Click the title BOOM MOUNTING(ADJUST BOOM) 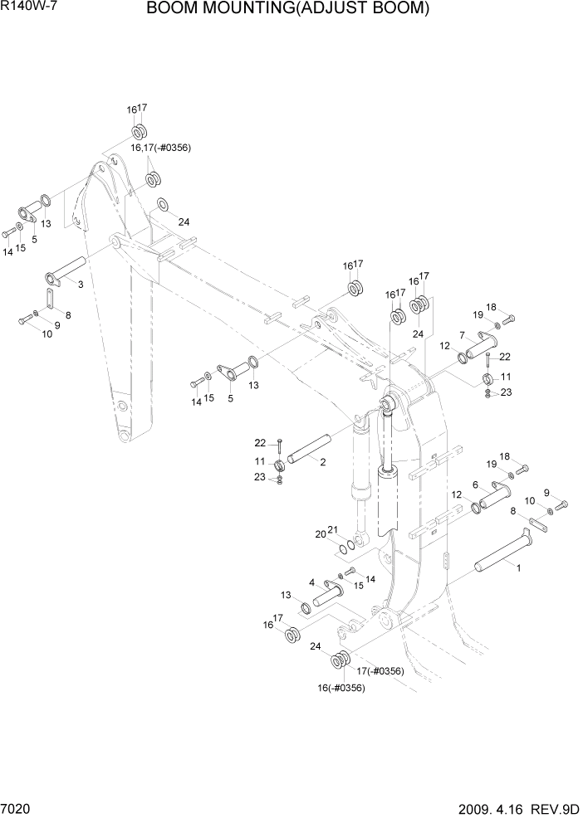pos(288,9)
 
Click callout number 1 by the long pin pos(519,569)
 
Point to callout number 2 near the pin pos(322,462)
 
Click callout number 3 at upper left pos(81,285)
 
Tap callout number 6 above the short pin pos(475,485)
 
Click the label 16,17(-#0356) pos(160,148)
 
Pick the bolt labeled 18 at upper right pos(509,318)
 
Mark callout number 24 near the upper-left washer pos(184,222)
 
